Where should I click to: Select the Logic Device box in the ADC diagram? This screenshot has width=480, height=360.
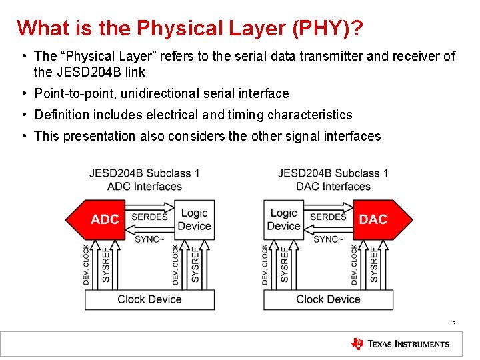195,219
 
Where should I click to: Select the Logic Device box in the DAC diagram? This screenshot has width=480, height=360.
283,219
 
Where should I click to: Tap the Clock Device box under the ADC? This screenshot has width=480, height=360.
149,299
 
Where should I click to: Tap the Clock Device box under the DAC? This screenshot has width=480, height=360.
328,299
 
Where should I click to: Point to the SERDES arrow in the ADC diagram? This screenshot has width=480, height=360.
150,216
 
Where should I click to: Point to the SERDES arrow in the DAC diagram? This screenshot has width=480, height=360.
328,216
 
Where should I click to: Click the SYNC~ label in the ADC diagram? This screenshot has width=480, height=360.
149,238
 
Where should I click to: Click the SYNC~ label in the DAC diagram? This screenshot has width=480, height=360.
328,238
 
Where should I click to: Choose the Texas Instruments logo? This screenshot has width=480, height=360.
400,344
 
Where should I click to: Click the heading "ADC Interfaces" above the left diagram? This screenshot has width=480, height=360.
145,186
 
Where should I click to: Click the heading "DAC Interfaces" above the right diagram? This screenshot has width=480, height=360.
333,186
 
